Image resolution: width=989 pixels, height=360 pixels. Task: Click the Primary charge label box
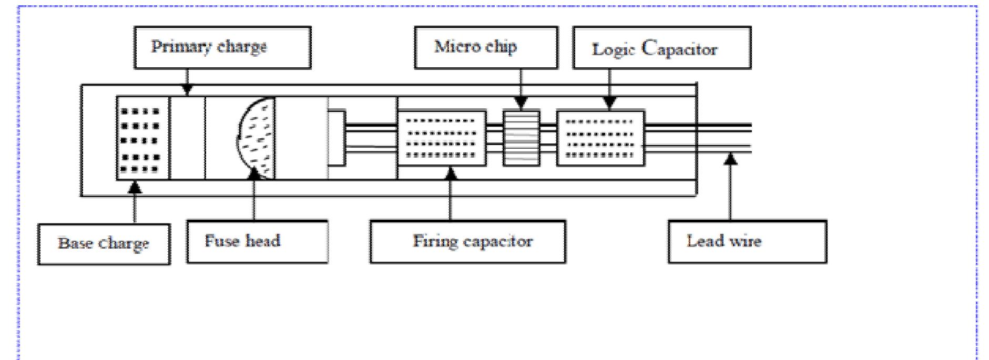(x=222, y=48)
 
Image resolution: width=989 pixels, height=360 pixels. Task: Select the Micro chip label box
(x=486, y=48)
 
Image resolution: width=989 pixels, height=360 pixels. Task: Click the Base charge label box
(x=104, y=244)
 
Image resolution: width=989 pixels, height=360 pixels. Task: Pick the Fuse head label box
(x=257, y=242)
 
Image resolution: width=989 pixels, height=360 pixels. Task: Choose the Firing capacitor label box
(x=467, y=242)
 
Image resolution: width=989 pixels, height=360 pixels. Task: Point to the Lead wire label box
(x=747, y=242)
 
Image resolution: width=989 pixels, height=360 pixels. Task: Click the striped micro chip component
(x=521, y=138)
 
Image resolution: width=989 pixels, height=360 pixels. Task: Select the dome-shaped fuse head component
(x=257, y=138)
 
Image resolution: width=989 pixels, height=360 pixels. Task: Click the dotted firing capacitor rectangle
(x=441, y=138)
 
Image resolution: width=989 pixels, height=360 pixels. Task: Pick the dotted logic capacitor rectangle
(x=600, y=138)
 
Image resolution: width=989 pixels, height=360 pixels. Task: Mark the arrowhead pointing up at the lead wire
(x=730, y=158)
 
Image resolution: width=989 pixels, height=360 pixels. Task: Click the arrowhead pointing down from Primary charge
(x=187, y=91)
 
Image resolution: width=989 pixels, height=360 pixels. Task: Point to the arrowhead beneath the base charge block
(x=135, y=186)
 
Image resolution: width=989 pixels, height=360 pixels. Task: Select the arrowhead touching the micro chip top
(x=521, y=104)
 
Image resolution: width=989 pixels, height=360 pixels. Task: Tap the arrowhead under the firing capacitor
(x=451, y=172)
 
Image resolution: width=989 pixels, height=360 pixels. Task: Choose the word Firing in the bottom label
(x=431, y=242)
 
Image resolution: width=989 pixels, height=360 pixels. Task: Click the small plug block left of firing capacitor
(x=337, y=138)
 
